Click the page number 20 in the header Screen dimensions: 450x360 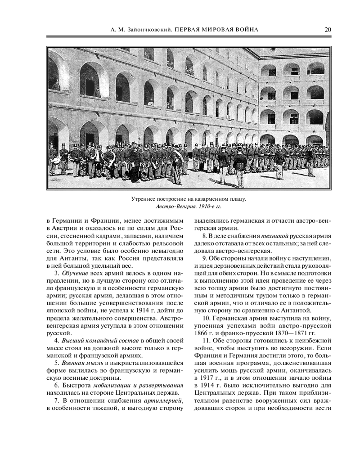tap(328, 30)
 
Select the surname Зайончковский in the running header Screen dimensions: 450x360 tap(148, 30)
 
